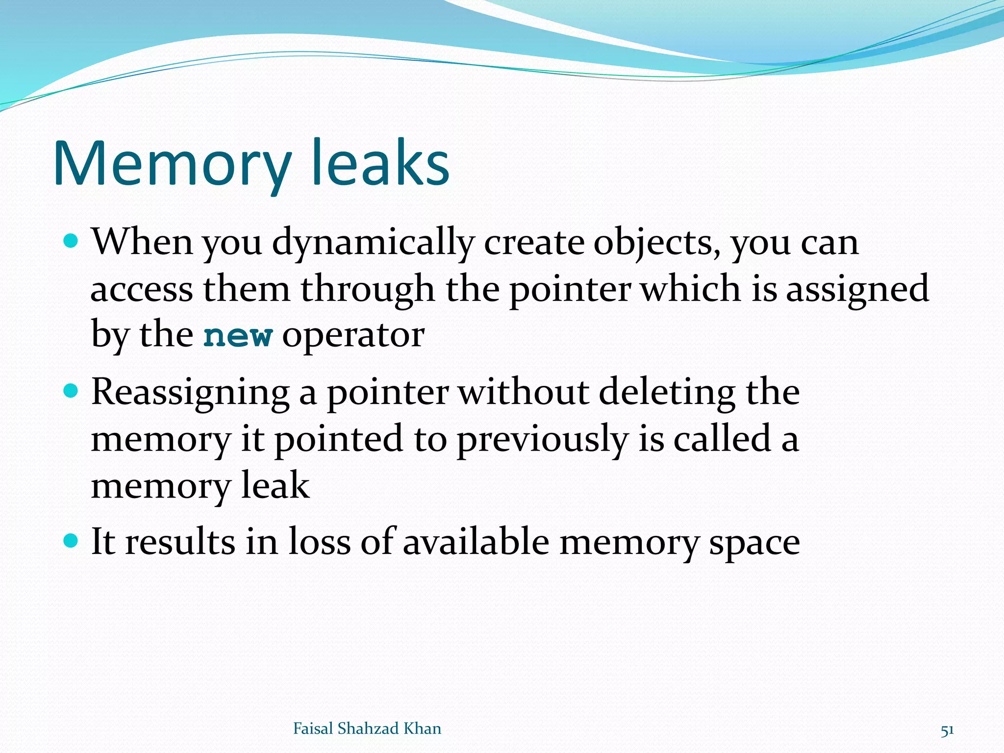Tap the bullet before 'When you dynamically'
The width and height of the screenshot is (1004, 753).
72,241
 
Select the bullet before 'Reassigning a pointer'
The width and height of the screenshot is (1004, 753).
72,391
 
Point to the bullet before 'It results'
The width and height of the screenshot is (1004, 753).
72,541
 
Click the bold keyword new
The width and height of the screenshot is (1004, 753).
238,336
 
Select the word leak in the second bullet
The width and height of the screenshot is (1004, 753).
276,485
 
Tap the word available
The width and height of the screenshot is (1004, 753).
476,542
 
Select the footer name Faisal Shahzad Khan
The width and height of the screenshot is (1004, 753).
367,728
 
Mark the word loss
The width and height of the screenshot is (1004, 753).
319,542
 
